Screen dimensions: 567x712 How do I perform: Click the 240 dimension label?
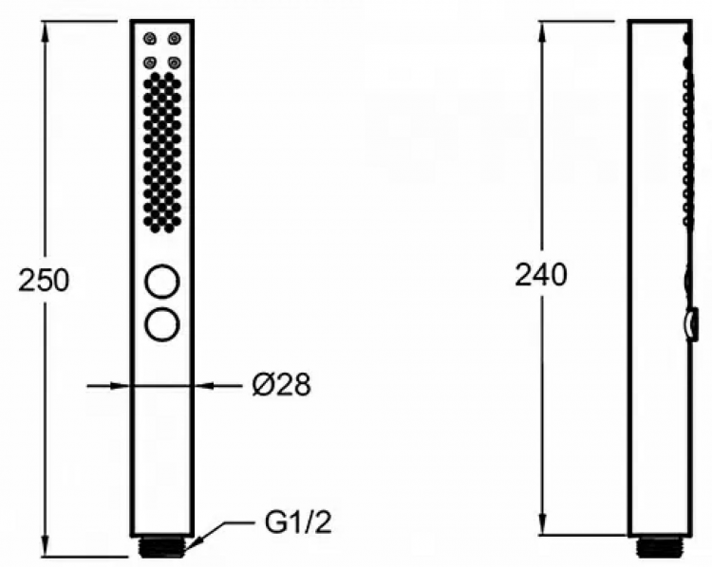(541, 275)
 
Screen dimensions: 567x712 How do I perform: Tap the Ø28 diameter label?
(281, 385)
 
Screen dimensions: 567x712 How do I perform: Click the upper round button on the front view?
(161, 283)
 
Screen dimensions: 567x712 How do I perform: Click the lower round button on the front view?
(161, 323)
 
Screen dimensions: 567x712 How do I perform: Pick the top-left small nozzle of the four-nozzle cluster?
(150, 39)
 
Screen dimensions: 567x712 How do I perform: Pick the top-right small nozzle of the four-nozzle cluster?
(173, 39)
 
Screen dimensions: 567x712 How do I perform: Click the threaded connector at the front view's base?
(161, 547)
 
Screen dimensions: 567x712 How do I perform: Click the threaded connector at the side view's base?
(657, 547)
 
